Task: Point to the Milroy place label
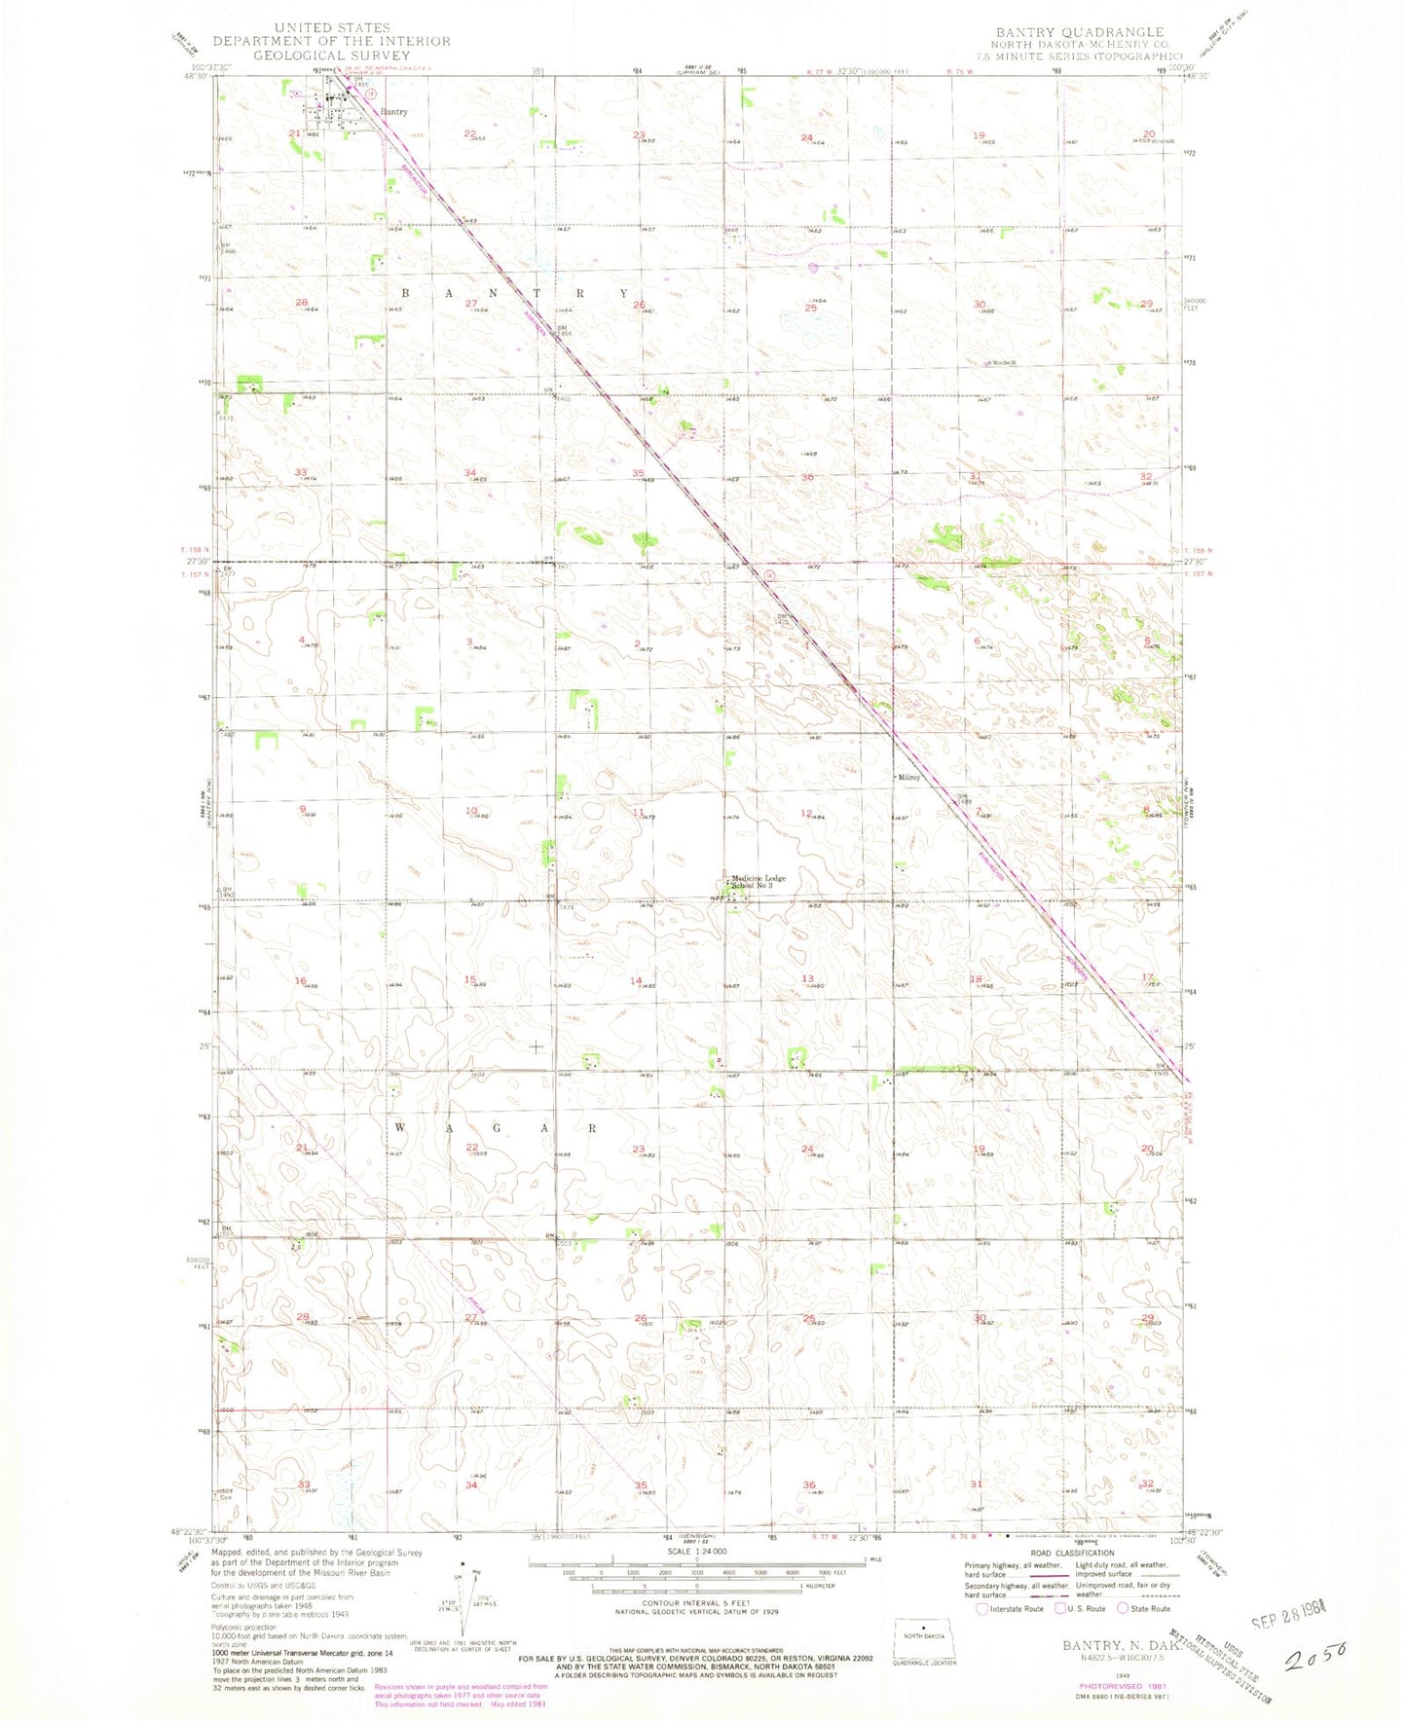click(909, 778)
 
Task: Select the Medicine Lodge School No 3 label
click(759, 882)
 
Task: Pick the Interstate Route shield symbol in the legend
click(981, 1609)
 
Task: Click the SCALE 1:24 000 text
click(696, 1551)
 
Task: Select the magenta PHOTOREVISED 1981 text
click(1123, 1685)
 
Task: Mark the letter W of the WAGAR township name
click(399, 1127)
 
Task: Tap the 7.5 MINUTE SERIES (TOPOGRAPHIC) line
click(1087, 56)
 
